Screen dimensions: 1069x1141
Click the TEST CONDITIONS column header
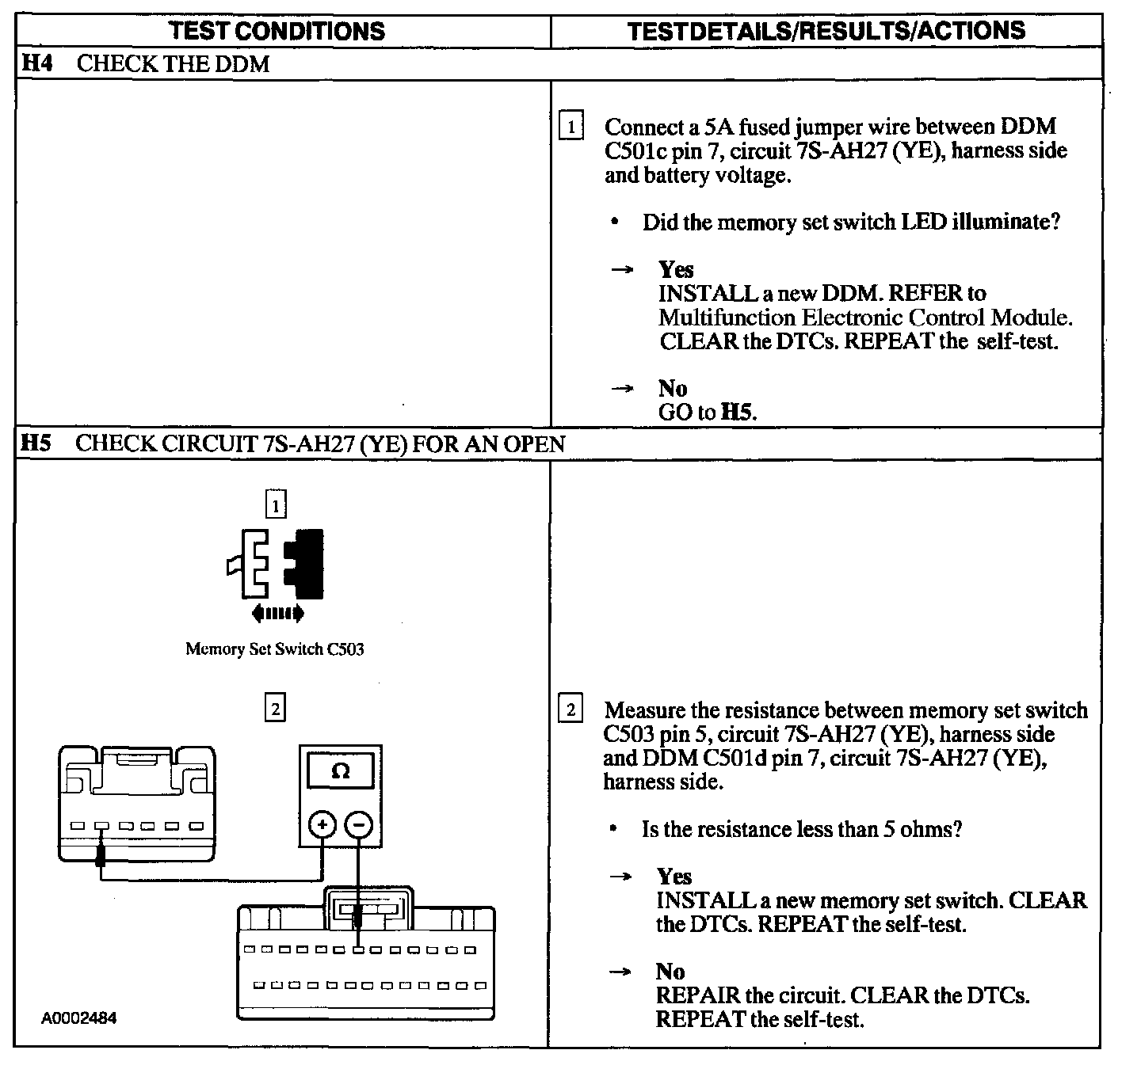(277, 31)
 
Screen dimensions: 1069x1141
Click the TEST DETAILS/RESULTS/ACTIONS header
(826, 31)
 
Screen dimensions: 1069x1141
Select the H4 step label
(36, 63)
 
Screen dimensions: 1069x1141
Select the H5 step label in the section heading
(36, 443)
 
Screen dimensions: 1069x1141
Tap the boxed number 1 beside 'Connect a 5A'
(570, 127)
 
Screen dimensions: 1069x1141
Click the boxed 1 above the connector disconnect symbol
(275, 504)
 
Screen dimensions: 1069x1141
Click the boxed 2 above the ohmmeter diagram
(275, 709)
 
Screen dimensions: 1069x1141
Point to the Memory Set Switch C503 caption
(275, 649)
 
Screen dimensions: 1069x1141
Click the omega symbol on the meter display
(341, 770)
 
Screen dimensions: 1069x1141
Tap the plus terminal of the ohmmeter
(322, 825)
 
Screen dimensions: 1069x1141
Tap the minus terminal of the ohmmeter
(359, 825)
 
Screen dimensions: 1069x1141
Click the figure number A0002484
(79, 1018)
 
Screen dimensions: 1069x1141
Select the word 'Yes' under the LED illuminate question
(676, 269)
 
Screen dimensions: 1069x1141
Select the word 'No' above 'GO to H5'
(672, 388)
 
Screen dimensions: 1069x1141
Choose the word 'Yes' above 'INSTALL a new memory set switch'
(674, 876)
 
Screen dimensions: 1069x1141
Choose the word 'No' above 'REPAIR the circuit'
(670, 971)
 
